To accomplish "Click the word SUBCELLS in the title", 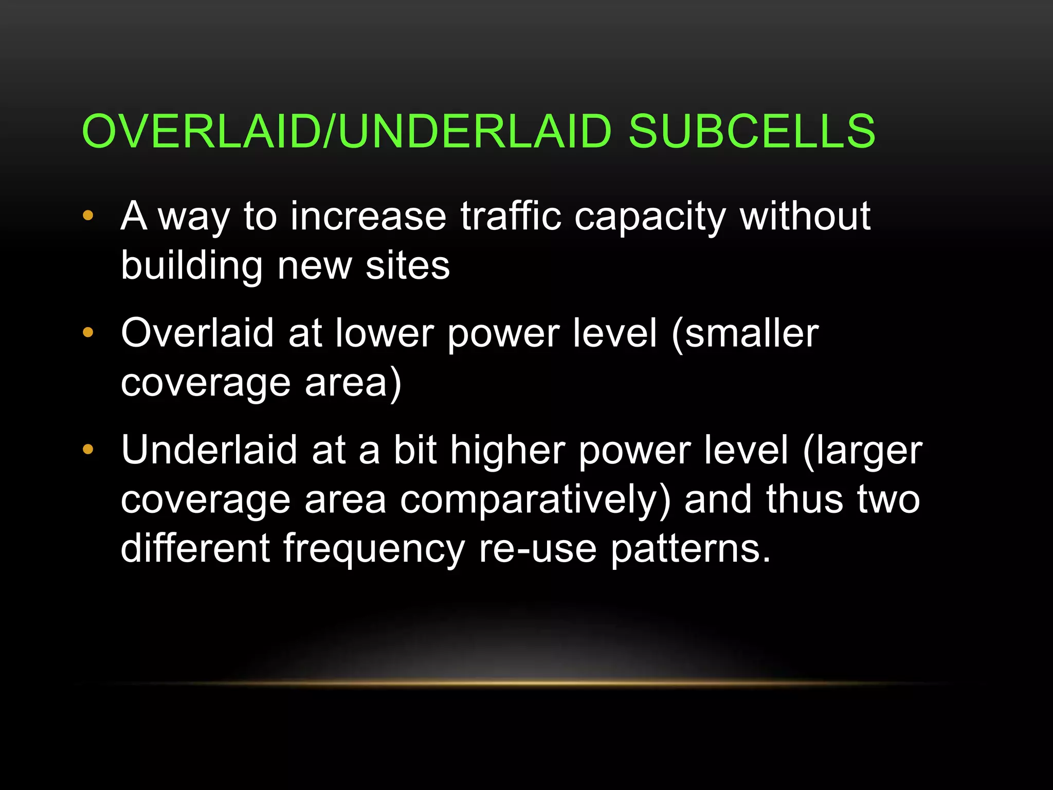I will tap(752, 132).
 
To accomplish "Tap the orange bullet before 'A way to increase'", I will tap(88, 216).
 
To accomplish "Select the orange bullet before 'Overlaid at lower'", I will tap(88, 333).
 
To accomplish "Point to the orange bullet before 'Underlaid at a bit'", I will tap(88, 450).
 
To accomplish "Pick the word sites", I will tap(407, 266).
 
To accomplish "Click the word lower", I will tap(385, 333).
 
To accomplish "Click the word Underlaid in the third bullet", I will tap(209, 450).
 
